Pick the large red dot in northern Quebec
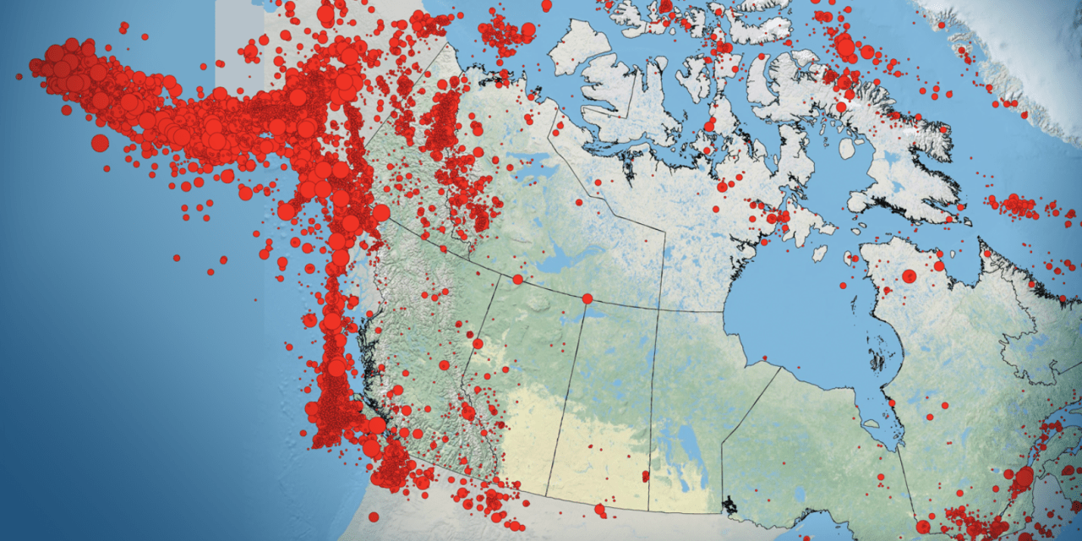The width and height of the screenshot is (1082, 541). click(909, 276)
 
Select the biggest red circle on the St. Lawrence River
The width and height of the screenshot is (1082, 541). click(1024, 477)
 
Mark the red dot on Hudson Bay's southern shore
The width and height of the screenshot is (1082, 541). click(890, 402)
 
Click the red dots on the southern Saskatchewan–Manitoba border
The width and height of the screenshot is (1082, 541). click(646, 478)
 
